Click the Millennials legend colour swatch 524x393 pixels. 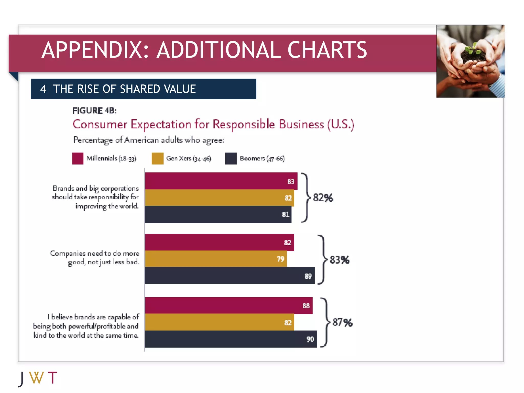[x=78, y=158]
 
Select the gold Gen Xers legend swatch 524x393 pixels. [x=157, y=158]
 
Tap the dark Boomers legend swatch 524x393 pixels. [x=231, y=158]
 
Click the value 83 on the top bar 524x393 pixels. [x=291, y=181]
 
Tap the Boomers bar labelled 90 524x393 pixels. [x=231, y=339]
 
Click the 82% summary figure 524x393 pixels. [x=323, y=198]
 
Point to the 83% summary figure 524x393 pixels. [x=339, y=260]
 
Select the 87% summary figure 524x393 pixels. [x=342, y=322]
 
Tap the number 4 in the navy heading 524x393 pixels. [x=43, y=89]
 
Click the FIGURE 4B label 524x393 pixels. [x=94, y=111]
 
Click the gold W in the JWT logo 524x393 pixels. [x=36, y=378]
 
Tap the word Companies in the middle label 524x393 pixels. [x=68, y=253]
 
